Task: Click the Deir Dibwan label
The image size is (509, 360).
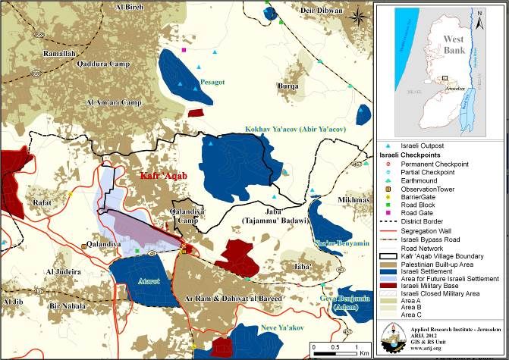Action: [317, 11]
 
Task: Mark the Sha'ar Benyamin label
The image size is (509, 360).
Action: [341, 243]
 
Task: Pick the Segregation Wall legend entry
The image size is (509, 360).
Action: [433, 229]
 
